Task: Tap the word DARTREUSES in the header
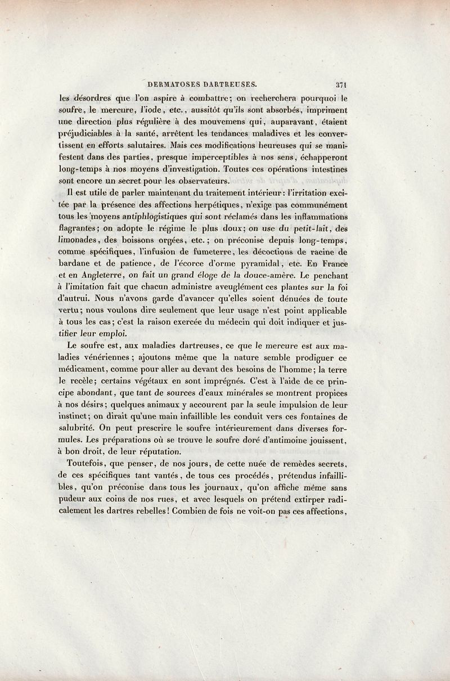(228, 84)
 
